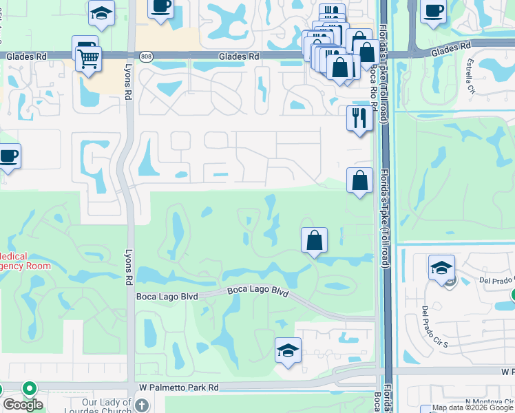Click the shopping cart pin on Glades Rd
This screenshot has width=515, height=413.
coord(89,59)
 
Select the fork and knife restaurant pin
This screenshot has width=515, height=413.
coord(359,118)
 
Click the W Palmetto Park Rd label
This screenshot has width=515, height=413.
coord(178,388)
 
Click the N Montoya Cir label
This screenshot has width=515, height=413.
coord(488,402)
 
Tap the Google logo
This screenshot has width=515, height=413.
coord(22,405)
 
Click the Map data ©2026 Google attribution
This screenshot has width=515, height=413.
coord(472,408)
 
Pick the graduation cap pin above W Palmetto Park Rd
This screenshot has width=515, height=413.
coord(288,350)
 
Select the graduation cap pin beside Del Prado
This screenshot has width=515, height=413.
coord(441,268)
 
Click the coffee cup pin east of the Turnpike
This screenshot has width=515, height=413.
coord(433,12)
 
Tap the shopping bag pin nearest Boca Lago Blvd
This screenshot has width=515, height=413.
coord(314,240)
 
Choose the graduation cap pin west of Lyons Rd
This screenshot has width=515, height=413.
coord(102,13)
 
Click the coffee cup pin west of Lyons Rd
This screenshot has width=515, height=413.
coord(8,156)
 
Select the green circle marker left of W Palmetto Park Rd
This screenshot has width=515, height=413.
coord(29,388)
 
